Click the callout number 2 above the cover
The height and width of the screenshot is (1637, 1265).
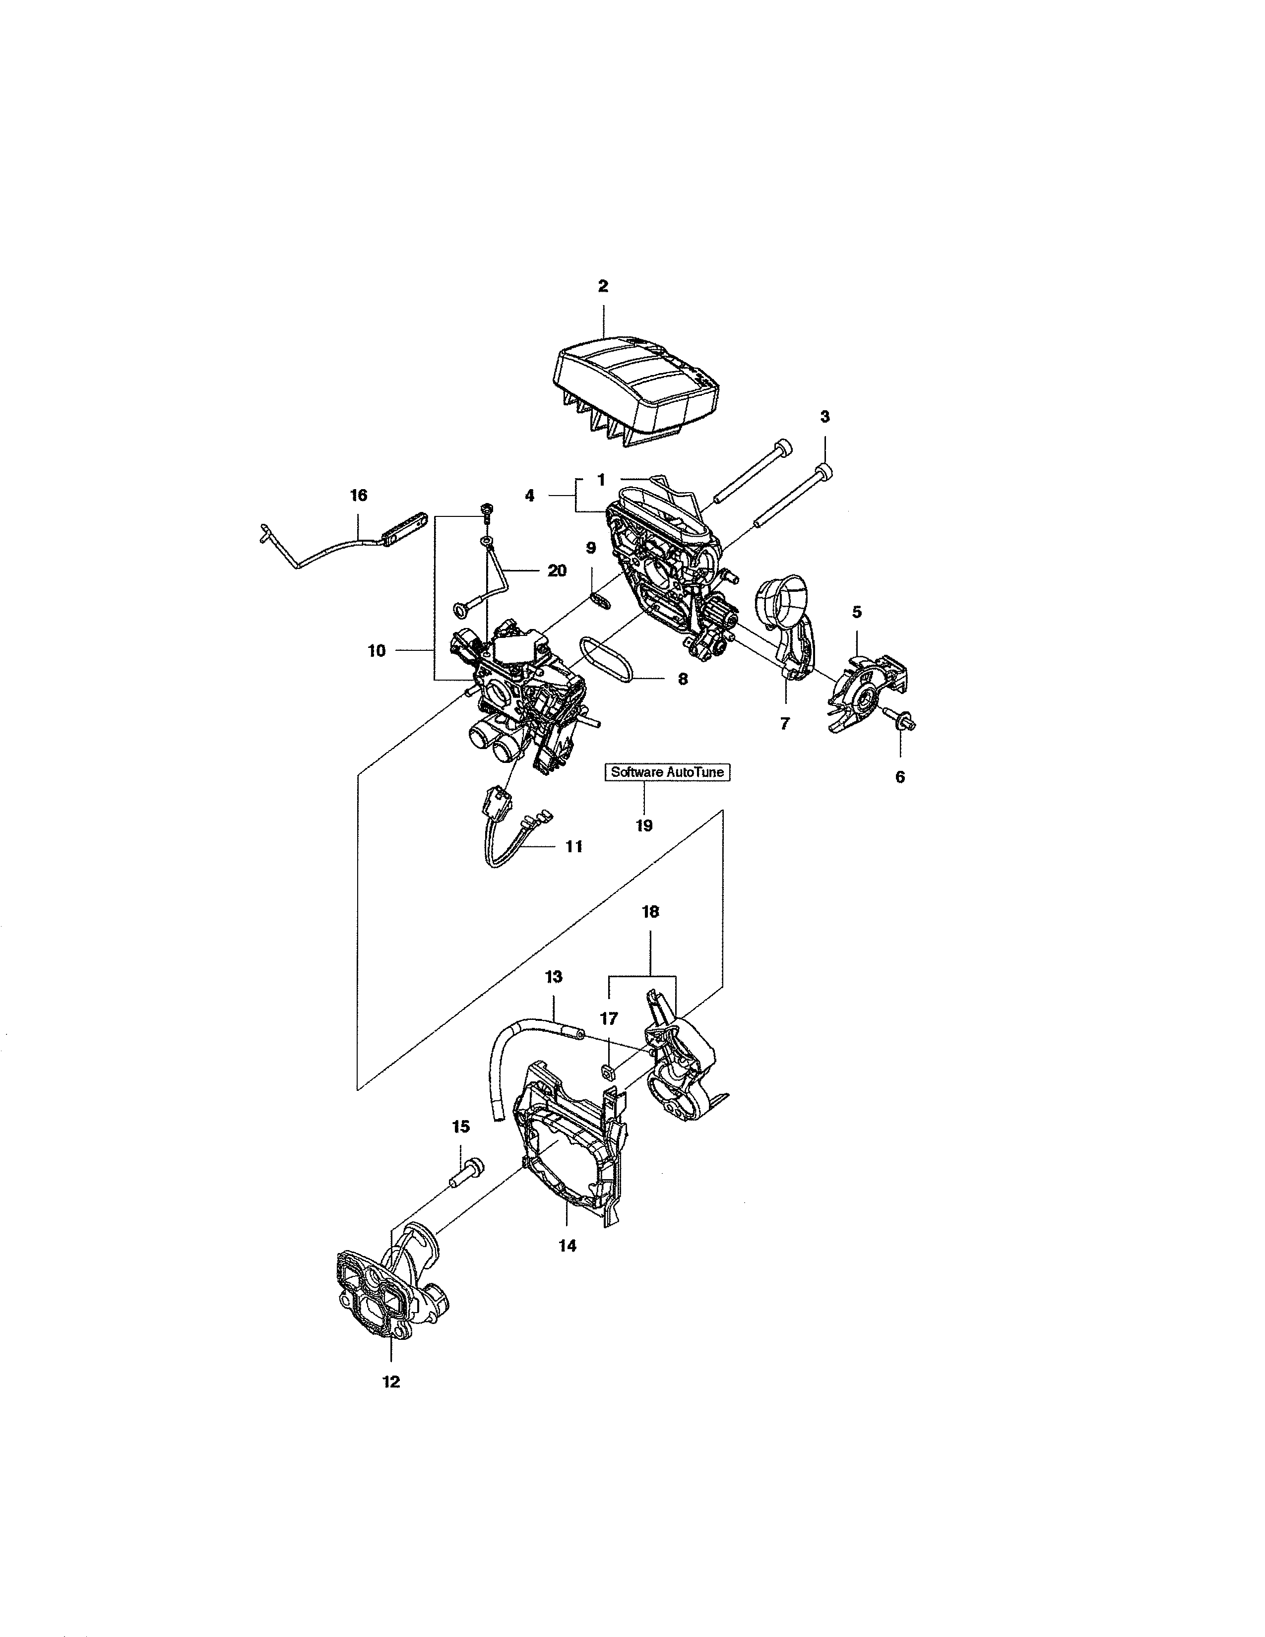[603, 286]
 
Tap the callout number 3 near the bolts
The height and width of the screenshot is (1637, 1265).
[824, 417]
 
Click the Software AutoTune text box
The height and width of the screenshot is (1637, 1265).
[667, 772]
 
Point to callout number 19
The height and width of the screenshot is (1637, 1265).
[644, 825]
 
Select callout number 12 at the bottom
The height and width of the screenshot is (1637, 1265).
[391, 1382]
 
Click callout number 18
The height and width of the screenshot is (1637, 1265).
[650, 911]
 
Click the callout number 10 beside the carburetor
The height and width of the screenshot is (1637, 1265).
[376, 651]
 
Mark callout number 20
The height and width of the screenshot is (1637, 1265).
[557, 570]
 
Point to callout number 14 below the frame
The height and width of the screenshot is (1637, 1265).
[568, 1246]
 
